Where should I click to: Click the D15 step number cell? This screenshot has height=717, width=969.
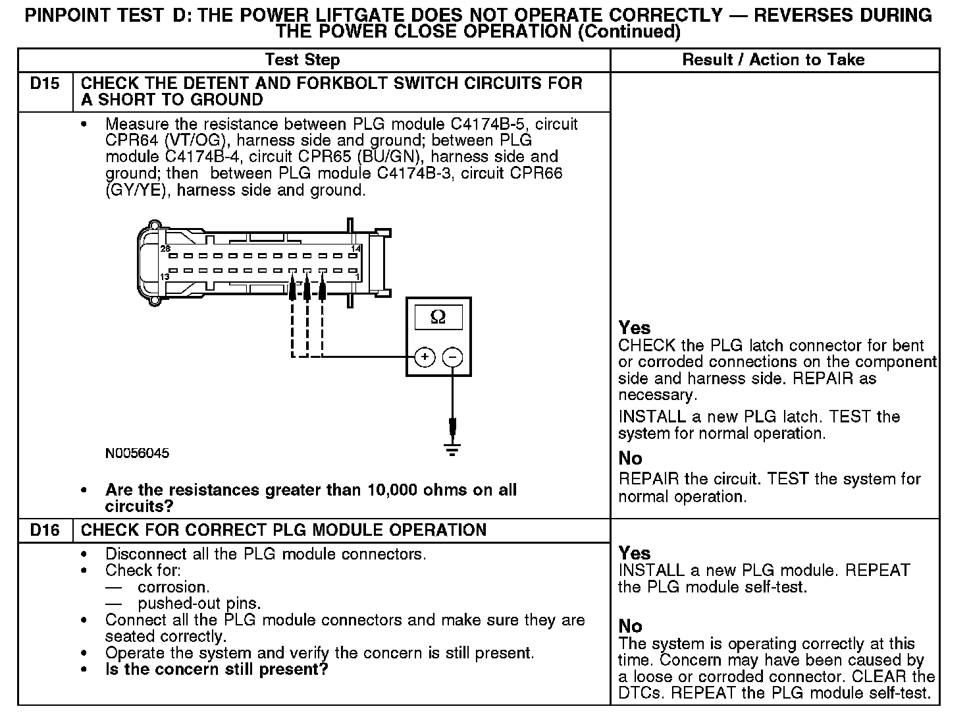tap(45, 84)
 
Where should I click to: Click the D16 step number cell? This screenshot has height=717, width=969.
tap(45, 531)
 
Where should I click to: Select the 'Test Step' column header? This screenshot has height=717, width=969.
tap(302, 60)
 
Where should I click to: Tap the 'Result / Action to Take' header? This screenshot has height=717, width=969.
tap(773, 60)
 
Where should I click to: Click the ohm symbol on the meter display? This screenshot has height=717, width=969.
tap(438, 318)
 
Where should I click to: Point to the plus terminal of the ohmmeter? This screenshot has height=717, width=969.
tap(425, 357)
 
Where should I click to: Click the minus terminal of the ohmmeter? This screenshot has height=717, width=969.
tap(452, 357)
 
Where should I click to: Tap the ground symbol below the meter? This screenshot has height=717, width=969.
tap(452, 450)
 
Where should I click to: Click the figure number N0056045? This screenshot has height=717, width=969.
tap(137, 453)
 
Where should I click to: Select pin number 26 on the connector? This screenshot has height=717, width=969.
tap(165, 248)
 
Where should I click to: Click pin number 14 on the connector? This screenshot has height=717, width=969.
tap(356, 248)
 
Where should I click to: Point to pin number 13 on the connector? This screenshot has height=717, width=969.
tap(165, 277)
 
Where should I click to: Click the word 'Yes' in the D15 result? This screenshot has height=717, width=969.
tap(635, 328)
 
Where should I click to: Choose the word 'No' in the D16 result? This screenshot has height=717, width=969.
tap(631, 626)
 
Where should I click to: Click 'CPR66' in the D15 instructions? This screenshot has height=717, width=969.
tap(537, 173)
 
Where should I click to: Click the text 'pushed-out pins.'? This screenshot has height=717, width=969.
tap(199, 604)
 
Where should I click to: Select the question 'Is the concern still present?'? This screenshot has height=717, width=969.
tap(217, 670)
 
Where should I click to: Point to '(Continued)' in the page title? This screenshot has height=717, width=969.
tap(629, 32)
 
